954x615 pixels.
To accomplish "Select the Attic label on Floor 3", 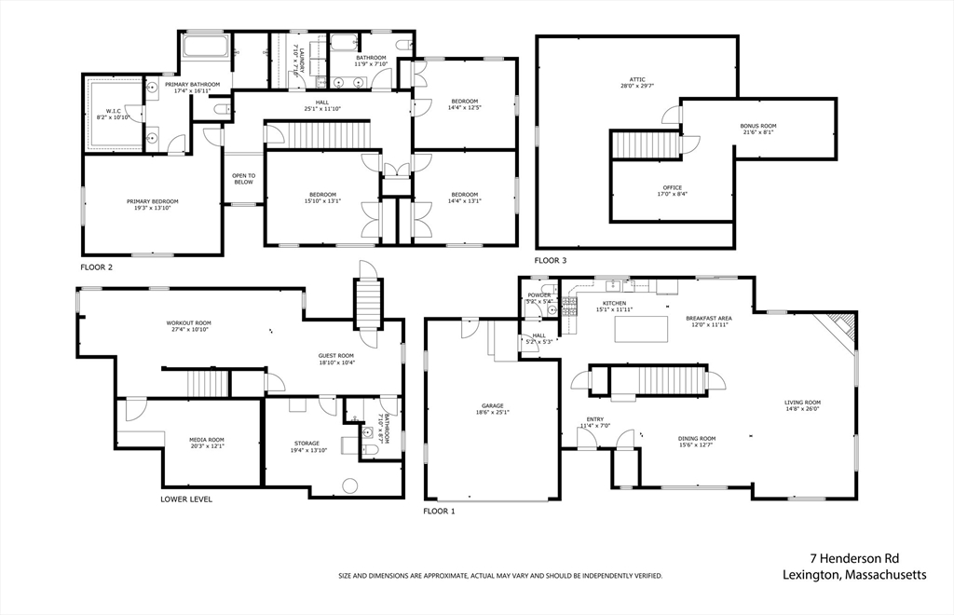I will coord(637,82).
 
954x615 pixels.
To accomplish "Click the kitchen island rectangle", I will coord(641,328).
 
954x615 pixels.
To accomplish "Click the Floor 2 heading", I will coord(96,267).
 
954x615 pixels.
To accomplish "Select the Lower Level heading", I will coord(186,499).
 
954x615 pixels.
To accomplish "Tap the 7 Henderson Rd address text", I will coord(853,558).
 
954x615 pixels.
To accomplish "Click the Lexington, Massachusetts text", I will coord(854,576).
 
